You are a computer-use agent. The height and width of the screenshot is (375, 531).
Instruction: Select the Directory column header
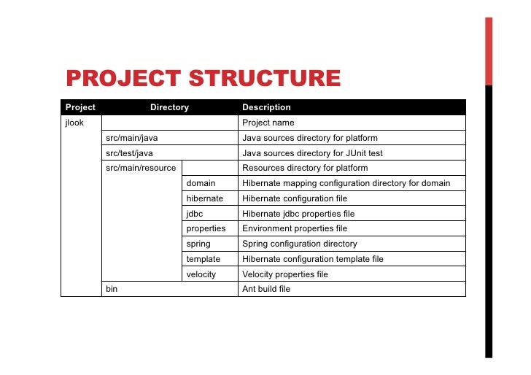(169, 107)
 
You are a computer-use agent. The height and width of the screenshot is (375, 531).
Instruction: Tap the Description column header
(266, 107)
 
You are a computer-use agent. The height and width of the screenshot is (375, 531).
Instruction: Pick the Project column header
(80, 107)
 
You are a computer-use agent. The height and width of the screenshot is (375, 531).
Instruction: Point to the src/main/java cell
(132, 138)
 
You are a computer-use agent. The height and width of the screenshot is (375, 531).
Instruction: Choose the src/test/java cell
(130, 153)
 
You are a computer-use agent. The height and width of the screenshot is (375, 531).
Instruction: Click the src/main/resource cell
(141, 168)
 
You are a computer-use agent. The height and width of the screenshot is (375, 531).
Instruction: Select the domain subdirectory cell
(201, 183)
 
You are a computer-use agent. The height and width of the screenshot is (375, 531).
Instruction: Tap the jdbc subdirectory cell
(195, 214)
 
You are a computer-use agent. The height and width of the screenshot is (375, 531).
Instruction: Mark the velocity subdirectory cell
(201, 274)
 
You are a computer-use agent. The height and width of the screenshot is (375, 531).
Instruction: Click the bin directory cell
(112, 290)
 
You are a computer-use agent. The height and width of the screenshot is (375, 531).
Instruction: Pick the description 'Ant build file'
(266, 290)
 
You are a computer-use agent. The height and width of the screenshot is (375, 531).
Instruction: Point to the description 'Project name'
(268, 123)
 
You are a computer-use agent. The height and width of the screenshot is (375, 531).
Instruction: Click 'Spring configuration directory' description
(300, 244)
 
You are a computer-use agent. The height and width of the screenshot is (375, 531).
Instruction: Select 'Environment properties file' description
(295, 228)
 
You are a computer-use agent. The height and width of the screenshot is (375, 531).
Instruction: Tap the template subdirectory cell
(204, 259)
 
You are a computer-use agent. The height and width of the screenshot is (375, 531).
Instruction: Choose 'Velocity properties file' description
(285, 274)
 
